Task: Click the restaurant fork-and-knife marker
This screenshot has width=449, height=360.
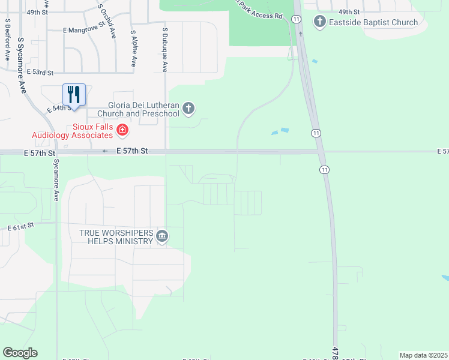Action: [74, 95]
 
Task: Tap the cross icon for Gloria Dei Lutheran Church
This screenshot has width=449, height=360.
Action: [188, 109]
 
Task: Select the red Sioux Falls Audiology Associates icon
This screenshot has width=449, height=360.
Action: [122, 130]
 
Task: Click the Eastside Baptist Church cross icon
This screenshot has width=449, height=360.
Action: [319, 22]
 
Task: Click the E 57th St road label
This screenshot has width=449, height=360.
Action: [131, 151]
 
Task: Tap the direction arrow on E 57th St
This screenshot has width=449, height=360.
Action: [105, 151]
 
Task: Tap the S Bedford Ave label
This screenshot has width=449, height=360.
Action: [8, 39]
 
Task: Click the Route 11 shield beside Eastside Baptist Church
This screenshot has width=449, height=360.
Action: [297, 19]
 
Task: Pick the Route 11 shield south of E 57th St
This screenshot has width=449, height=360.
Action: [324, 170]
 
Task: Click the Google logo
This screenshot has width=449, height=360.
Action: [20, 353]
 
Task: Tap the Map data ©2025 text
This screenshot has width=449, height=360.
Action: [424, 355]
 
